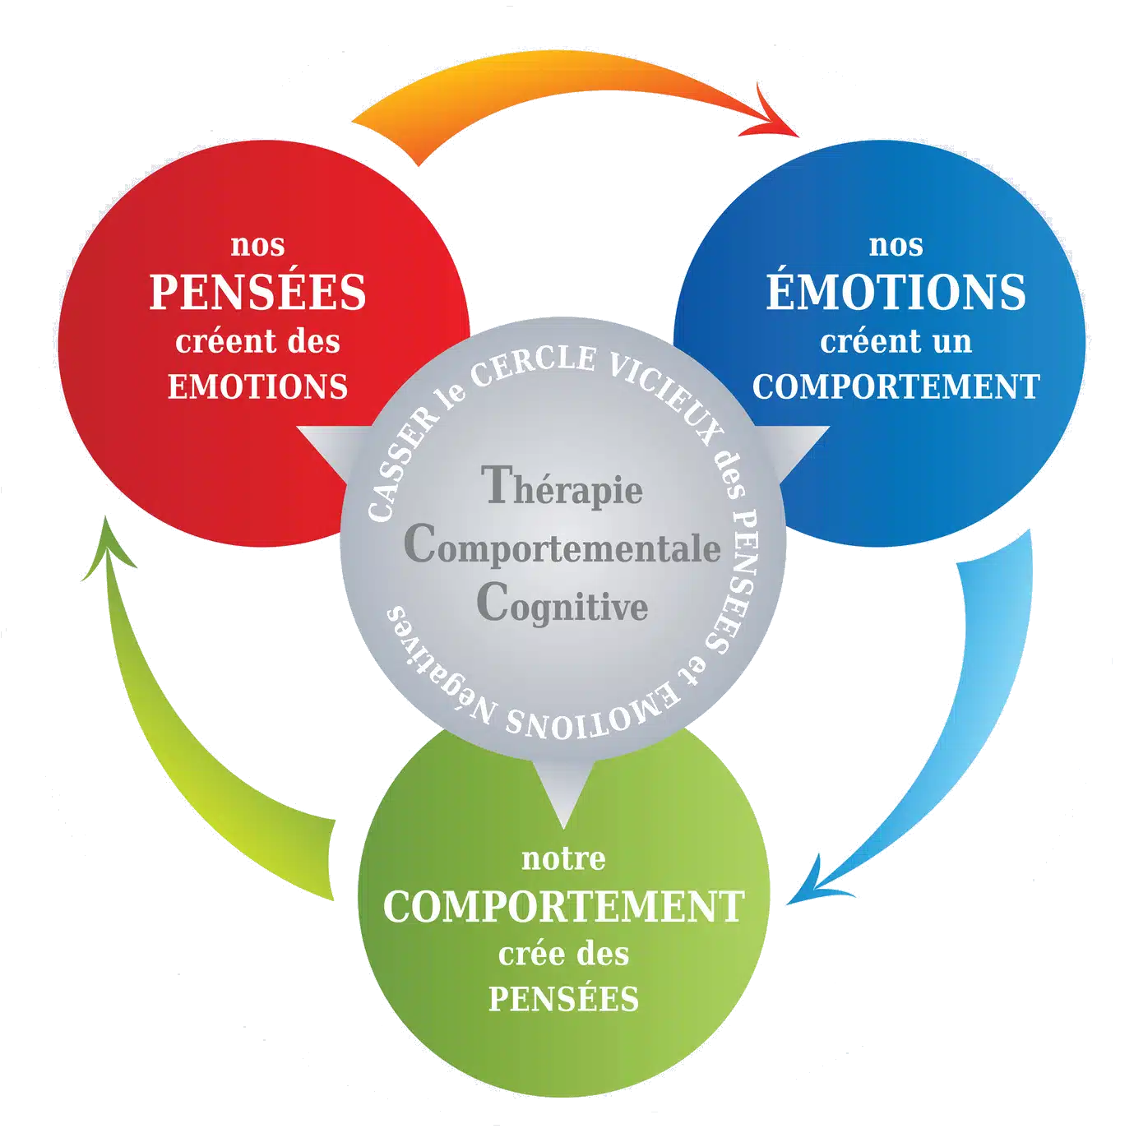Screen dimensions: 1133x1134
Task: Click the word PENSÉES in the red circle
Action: [x=257, y=293]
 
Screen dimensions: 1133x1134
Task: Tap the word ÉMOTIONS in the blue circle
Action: [x=896, y=293]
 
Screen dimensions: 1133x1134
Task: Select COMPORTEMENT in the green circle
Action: [x=563, y=907]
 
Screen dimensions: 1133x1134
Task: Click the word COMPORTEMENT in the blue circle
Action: [x=896, y=386]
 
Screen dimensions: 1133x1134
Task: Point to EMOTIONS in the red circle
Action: [x=257, y=386]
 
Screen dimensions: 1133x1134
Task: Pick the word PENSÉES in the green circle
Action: [x=563, y=999]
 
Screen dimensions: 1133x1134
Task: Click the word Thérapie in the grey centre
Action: [x=562, y=488]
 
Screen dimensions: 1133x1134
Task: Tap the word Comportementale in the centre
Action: [x=562, y=548]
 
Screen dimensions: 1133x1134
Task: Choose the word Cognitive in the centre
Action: [x=562, y=606]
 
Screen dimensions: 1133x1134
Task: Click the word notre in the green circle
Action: [x=563, y=859]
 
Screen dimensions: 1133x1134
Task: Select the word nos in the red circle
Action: [x=257, y=245]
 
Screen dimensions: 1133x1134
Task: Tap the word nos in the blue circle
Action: [x=896, y=245]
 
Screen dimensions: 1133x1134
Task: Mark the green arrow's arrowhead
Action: [x=107, y=551]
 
